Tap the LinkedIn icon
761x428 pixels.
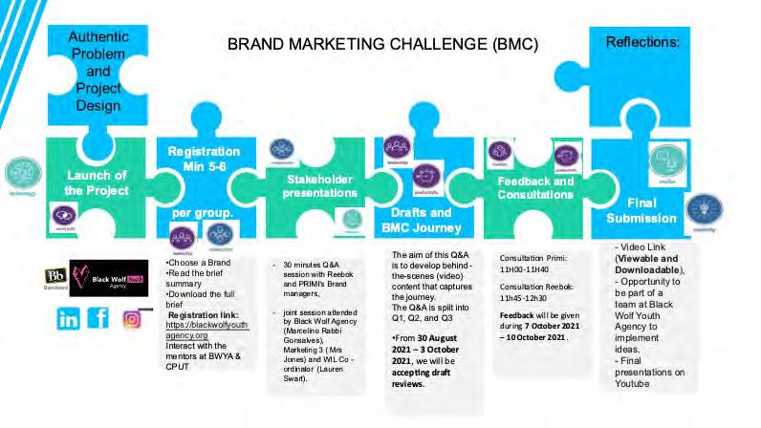click(68, 319)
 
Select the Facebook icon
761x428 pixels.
click(98, 319)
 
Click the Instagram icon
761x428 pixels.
click(132, 319)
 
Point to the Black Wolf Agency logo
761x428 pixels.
click(109, 278)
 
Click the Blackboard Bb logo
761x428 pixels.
click(55, 279)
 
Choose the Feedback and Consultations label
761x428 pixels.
click(535, 187)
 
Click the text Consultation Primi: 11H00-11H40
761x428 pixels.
click(533, 265)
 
